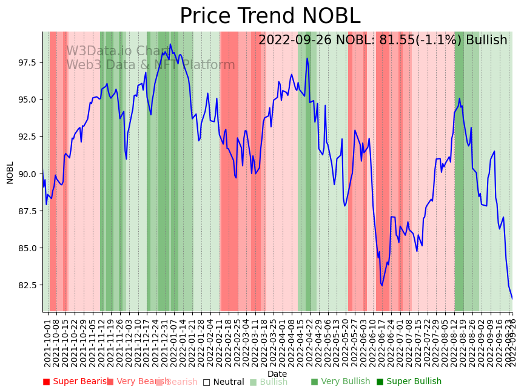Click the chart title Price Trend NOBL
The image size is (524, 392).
click(270, 16)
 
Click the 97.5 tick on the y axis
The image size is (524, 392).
click(29, 63)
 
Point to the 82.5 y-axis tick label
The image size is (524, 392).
click(29, 285)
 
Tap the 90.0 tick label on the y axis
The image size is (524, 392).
click(29, 174)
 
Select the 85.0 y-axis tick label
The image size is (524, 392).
click(29, 248)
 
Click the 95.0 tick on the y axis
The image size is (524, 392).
click(29, 100)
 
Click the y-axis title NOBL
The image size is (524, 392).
click(10, 172)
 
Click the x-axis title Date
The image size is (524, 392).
click(277, 374)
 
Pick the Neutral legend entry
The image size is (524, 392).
click(223, 382)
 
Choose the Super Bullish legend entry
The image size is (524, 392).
click(409, 382)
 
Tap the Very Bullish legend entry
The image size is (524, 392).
click(340, 382)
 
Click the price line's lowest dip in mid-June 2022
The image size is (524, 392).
click(381, 285)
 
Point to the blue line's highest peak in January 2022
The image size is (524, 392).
click(170, 44)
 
